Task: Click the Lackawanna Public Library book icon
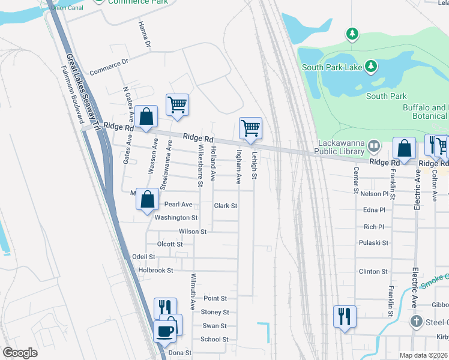[374, 146]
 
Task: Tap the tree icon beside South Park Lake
[372, 66]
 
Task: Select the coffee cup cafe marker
[164, 331]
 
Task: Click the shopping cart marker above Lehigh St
[250, 128]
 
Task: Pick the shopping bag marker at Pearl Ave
[148, 199]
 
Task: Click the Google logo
[20, 353]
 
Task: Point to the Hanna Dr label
[144, 35]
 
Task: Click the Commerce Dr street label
[109, 67]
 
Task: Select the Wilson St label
[192, 231]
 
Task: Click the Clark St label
[226, 205]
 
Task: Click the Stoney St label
[215, 312]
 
